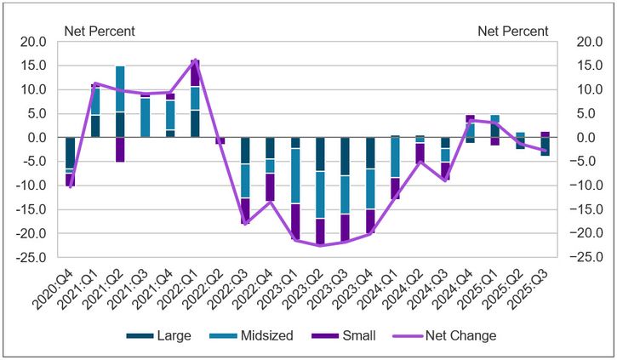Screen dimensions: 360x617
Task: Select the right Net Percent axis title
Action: point(513,31)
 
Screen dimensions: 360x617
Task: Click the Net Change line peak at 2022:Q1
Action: point(196,60)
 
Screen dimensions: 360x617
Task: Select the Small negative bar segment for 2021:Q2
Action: point(120,149)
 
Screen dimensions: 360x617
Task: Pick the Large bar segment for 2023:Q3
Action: point(346,157)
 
